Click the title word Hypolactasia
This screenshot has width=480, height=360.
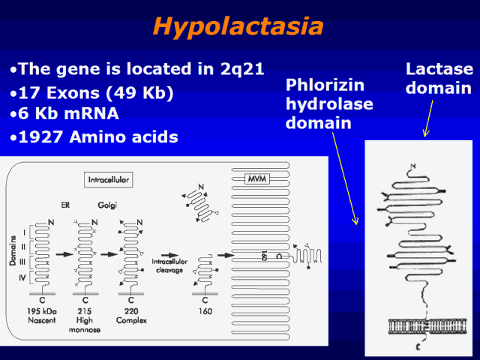pyautogui.click(x=238, y=27)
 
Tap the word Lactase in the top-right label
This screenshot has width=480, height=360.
pyautogui.click(x=439, y=69)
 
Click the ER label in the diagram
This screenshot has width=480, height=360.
pyautogui.click(x=64, y=204)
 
